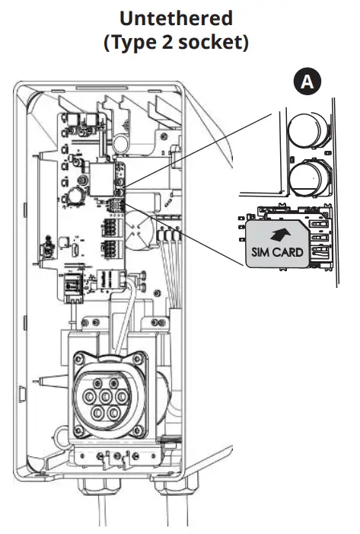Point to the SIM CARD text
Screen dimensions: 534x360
[x=276, y=251]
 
